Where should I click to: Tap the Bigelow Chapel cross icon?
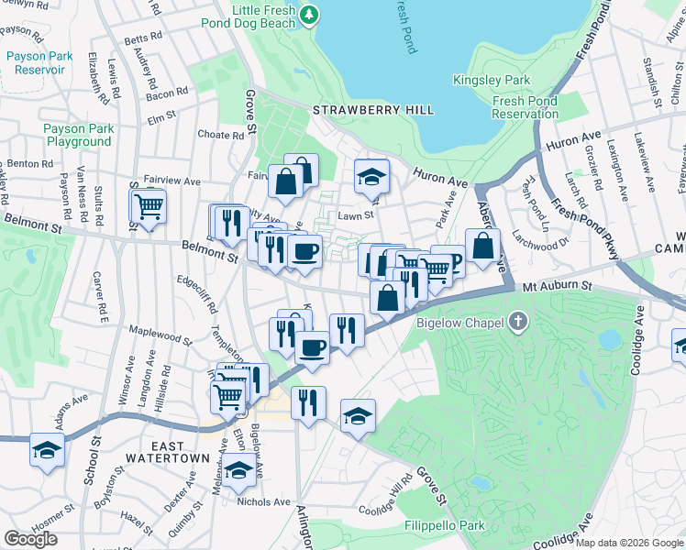click(x=519, y=322)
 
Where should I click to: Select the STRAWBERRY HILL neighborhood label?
click(x=373, y=110)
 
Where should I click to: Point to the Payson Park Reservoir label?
click(x=39, y=62)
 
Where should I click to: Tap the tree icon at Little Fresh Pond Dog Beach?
click(x=310, y=15)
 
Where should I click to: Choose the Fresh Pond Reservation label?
click(x=526, y=107)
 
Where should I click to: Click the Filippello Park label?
click(x=443, y=527)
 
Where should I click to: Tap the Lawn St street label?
click(x=357, y=215)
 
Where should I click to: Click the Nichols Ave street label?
click(x=262, y=501)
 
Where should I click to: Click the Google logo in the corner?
click(x=30, y=539)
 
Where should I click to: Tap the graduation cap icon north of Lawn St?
click(x=371, y=176)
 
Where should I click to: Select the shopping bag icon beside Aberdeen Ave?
click(x=482, y=246)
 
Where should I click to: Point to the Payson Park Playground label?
click(x=79, y=136)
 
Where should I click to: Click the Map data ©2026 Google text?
click(x=629, y=543)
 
